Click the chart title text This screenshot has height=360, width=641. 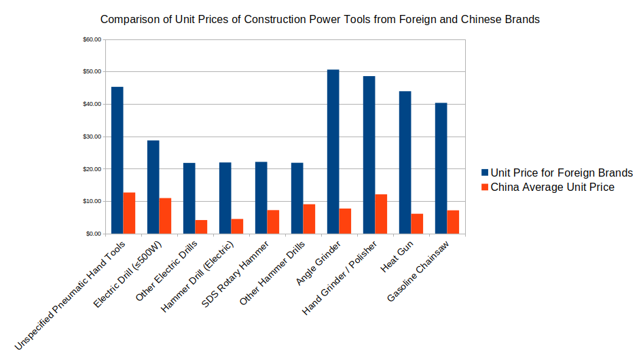pos(320,20)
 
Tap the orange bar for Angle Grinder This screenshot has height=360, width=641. pos(345,221)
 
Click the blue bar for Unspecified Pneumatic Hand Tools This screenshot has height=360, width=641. pos(117,160)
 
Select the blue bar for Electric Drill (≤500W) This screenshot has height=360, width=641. pos(153,187)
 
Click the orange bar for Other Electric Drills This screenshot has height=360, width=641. pos(201,227)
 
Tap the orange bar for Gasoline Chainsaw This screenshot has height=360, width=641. pos(453,222)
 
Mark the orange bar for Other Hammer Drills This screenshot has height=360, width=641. pos(309,219)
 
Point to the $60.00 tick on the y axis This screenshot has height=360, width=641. pos(92,39)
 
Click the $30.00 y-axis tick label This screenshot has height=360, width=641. pos(92,137)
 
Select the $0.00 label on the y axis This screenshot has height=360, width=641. pos(93,234)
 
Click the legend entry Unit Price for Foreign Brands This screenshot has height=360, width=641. pos(562,173)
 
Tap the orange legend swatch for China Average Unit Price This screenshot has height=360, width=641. pos(485,187)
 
